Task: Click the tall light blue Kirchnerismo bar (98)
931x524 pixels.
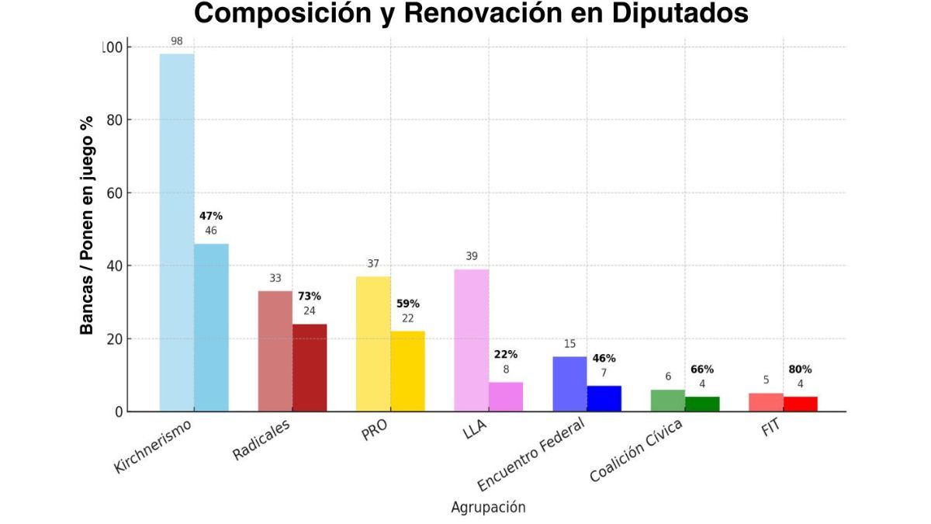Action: click(176, 233)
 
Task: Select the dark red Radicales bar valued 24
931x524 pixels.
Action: click(310, 368)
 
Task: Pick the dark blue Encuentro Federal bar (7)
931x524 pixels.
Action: click(604, 398)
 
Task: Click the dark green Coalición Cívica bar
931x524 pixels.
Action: click(702, 404)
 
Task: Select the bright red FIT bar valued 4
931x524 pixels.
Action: click(800, 404)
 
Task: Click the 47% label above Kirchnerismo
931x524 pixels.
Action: click(210, 216)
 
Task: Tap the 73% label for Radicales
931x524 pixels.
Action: click(309, 296)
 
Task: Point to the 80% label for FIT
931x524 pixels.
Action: click(800, 370)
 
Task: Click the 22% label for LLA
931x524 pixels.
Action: click(505, 354)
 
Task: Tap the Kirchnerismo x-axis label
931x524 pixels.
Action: click(152, 446)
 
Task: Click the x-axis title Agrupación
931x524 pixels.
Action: click(488, 507)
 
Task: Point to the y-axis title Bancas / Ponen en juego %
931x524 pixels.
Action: click(87, 225)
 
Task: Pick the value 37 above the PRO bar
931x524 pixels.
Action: click(373, 264)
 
